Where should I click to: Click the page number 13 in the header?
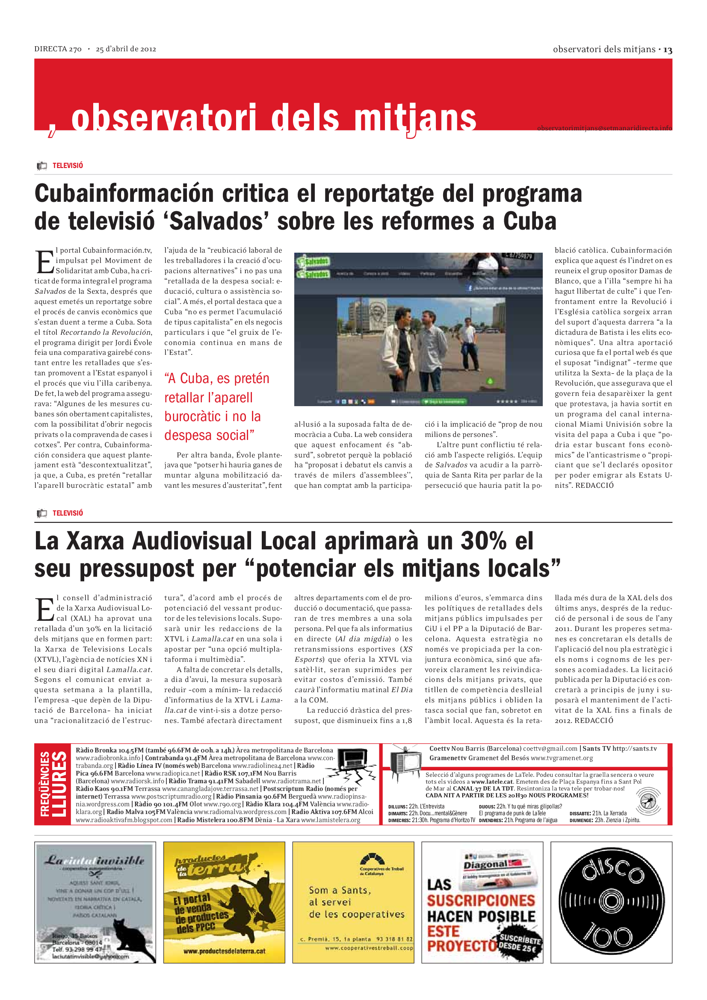[668, 50]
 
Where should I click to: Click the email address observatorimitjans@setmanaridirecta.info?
[604, 128]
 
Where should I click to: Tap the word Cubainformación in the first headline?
[124, 193]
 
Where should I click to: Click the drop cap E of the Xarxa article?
[44, 610]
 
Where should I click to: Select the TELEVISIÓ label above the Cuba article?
[68, 166]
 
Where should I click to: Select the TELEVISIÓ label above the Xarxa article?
[68, 513]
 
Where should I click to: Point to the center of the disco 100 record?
[611, 902]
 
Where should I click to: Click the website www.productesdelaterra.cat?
[224, 951]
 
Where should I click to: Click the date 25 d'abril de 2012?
[126, 49]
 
